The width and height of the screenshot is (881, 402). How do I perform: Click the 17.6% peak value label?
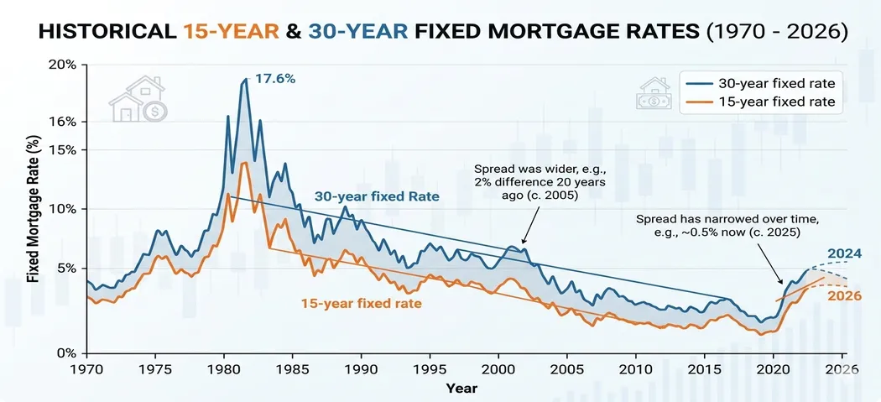click(x=276, y=79)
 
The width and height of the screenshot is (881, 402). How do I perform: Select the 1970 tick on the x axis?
click(x=86, y=369)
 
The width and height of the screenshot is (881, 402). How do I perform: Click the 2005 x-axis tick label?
click(x=568, y=369)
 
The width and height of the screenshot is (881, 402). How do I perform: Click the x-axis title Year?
click(x=462, y=388)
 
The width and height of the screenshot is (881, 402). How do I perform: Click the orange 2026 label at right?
click(x=844, y=296)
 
